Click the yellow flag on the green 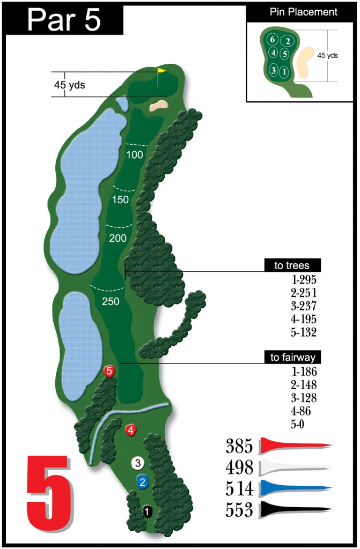161,70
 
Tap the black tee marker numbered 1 148,511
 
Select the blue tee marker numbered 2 142,481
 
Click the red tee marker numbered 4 130,429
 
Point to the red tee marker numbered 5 110,370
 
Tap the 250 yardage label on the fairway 111,301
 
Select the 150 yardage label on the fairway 122,200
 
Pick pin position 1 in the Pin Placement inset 284,71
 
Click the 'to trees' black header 293,265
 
